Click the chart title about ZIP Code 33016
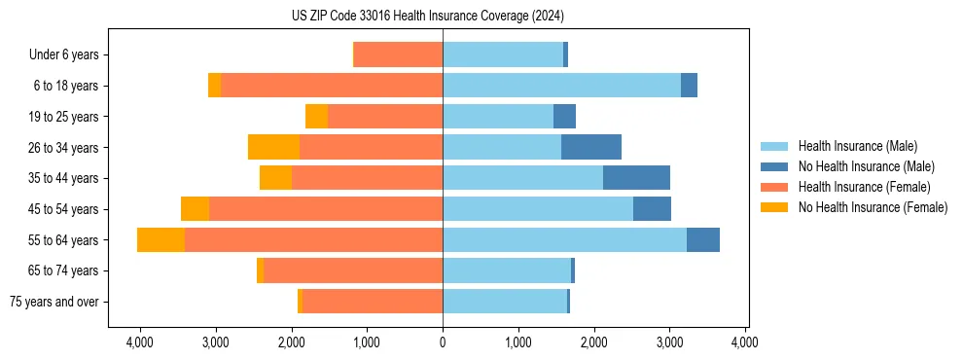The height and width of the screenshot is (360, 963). [427, 17]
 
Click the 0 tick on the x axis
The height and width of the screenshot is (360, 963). [443, 342]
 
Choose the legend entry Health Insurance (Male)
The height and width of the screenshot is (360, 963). [857, 147]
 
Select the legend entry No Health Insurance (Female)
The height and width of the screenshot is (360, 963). [873, 207]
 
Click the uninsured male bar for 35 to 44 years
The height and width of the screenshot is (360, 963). [636, 178]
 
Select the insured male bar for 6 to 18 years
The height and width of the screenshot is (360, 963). [561, 86]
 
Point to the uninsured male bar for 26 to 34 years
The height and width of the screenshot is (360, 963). [591, 147]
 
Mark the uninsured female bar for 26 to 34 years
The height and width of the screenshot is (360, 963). [273, 147]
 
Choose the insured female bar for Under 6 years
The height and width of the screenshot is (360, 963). [398, 54]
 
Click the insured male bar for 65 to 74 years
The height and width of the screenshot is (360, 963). [507, 270]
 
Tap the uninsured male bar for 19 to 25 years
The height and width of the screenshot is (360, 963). [564, 117]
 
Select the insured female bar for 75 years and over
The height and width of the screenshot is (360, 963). [373, 302]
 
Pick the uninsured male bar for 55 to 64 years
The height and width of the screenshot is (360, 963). [703, 239]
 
